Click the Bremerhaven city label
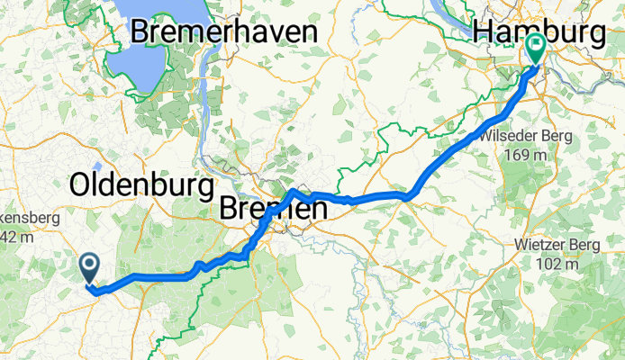224,31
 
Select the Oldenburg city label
143,185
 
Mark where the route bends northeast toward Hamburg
411,194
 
